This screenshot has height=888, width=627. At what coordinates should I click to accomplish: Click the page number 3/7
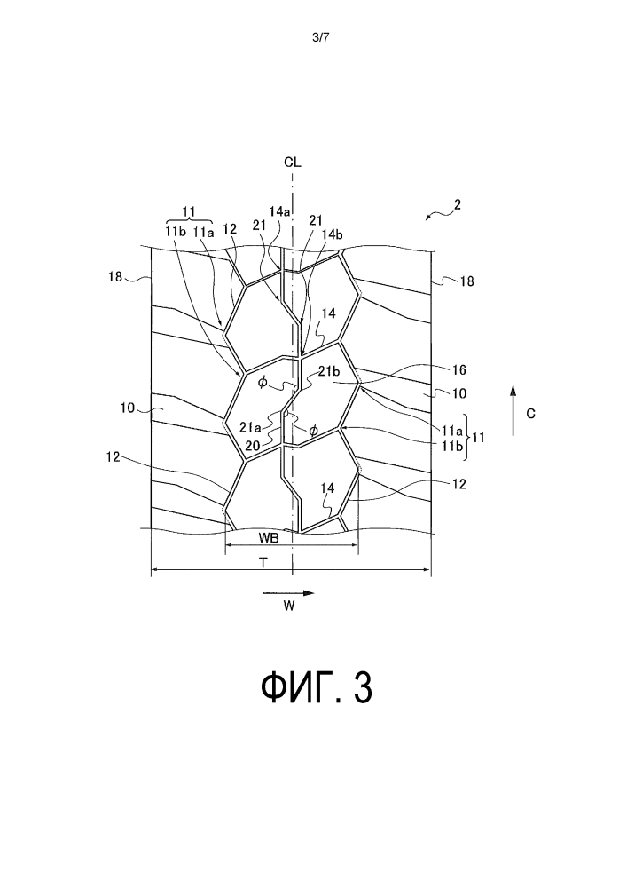320,38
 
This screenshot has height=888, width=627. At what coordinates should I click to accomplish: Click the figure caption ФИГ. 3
317,687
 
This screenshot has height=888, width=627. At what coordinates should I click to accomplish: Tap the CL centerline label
293,163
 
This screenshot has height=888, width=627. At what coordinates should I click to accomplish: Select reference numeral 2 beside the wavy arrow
458,204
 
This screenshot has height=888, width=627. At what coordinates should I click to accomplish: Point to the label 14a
280,211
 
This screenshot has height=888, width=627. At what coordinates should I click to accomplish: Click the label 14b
333,234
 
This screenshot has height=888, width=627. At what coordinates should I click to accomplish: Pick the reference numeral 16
459,369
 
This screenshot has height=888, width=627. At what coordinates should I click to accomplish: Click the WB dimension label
269,538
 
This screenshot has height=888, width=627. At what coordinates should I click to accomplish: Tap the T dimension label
263,562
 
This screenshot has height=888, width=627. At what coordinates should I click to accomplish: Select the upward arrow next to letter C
513,410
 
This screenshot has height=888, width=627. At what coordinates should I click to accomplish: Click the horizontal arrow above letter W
288,593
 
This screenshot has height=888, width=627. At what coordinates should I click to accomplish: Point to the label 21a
249,427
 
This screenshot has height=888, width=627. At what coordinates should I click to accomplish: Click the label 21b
328,372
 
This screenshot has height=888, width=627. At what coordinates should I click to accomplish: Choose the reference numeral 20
252,446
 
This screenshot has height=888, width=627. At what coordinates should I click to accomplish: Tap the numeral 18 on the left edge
115,277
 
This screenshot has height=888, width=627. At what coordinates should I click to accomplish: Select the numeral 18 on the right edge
467,281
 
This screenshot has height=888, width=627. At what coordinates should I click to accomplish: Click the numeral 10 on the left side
127,408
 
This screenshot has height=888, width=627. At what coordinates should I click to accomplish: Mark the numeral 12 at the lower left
114,456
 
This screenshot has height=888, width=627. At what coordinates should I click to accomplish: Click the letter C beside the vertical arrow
531,414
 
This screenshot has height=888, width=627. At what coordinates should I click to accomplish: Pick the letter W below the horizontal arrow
289,606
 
